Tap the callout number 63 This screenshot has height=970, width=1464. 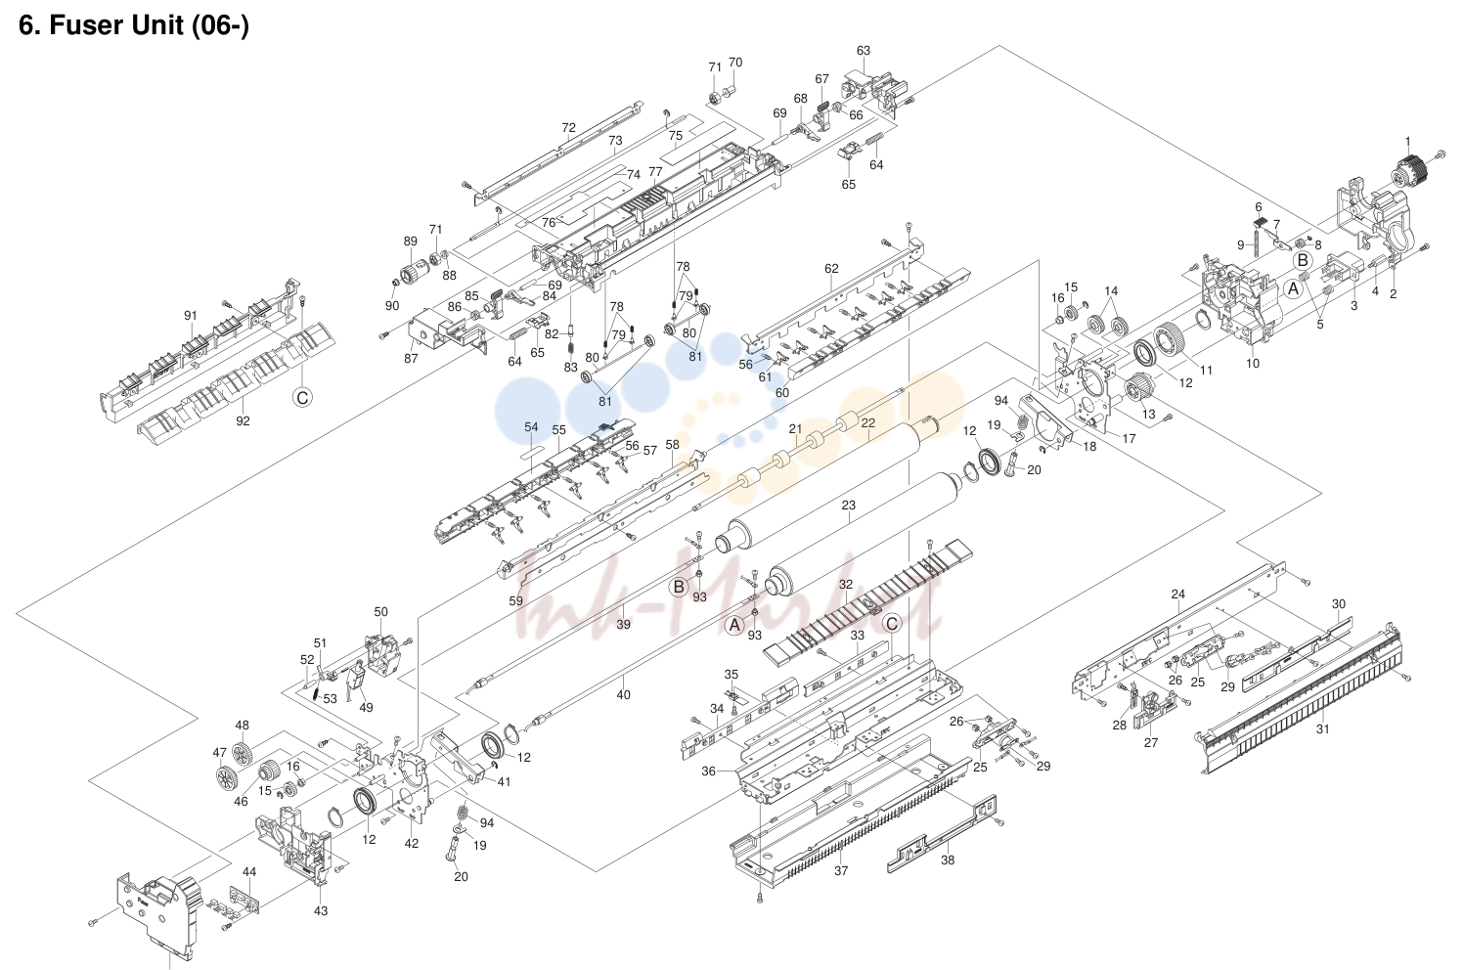tap(864, 50)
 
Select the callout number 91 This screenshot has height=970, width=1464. tap(190, 316)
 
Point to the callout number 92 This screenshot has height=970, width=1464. tap(243, 420)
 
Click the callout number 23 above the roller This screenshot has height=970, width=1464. tap(848, 505)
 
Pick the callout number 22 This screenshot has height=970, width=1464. tap(868, 422)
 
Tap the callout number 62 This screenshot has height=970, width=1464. tap(831, 268)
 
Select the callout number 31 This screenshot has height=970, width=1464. tap(1323, 728)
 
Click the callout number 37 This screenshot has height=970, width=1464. tap(841, 870)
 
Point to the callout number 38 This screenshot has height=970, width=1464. tap(948, 860)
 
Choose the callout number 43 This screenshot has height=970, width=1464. tap(320, 910)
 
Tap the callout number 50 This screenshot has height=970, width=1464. tap(381, 612)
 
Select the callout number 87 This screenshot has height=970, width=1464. tap(411, 358)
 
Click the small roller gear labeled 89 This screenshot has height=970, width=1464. tap(413, 273)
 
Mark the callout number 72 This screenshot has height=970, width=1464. tap(568, 128)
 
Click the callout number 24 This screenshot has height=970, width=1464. tap(1177, 595)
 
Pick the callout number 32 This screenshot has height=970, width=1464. tap(846, 584)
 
